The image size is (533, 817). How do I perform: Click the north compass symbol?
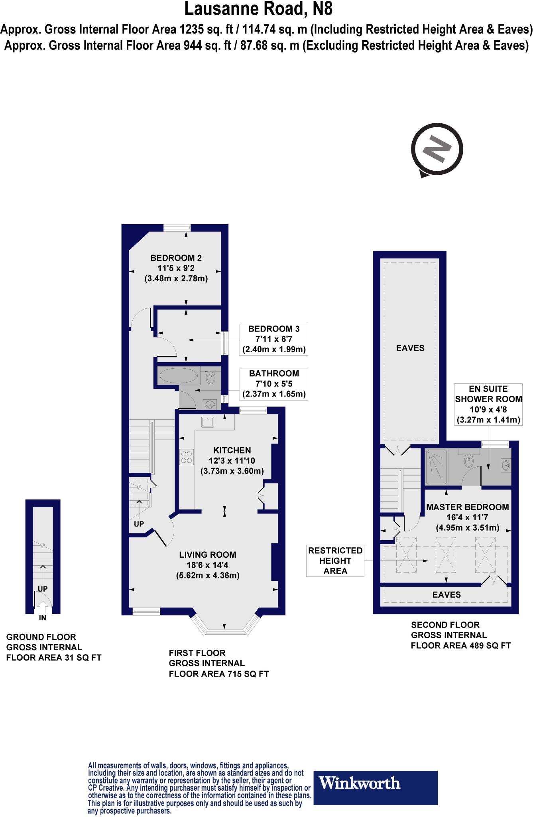(437, 150)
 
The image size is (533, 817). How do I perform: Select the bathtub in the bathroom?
(178, 376)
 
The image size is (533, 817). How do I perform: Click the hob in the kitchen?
(187, 456)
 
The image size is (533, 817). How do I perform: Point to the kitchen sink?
(207, 422)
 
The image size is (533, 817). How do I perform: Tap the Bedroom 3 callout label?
(273, 339)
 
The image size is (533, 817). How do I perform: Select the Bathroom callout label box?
(274, 384)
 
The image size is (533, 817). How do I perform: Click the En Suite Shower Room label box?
(488, 404)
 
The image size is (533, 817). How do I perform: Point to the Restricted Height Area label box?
(335, 561)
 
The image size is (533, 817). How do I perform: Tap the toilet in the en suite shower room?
(469, 461)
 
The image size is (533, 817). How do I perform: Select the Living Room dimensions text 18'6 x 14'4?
(207, 565)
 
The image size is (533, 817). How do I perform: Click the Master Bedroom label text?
(467, 507)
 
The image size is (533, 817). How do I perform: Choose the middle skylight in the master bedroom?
(445, 555)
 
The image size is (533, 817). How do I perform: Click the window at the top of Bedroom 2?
(177, 228)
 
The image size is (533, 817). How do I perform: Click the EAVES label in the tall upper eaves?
(410, 348)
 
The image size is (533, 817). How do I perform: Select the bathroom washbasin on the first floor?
(210, 405)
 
